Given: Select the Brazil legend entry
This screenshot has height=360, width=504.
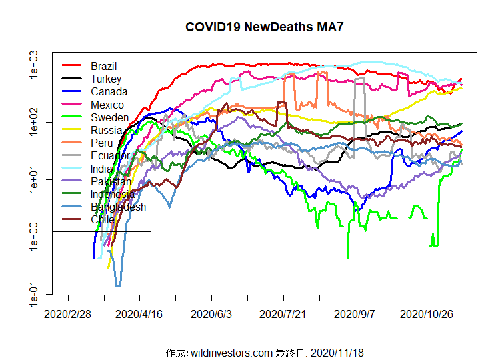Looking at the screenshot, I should point(103,66).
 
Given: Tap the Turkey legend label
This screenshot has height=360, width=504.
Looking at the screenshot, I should point(105,79).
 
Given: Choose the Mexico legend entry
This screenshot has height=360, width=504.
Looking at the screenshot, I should point(107,105).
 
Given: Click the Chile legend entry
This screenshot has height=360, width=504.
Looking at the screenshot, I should point(102,219).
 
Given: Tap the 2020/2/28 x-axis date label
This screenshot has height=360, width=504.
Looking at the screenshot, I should point(68,313).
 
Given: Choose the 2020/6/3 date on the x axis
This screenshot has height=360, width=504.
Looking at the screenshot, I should point(211,313).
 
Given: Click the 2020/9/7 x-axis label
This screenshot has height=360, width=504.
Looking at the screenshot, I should point(355,313).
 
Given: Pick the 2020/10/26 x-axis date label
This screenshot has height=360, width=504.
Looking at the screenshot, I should point(427,313).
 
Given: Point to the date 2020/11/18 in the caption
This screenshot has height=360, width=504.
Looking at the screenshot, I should point(337,352).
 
